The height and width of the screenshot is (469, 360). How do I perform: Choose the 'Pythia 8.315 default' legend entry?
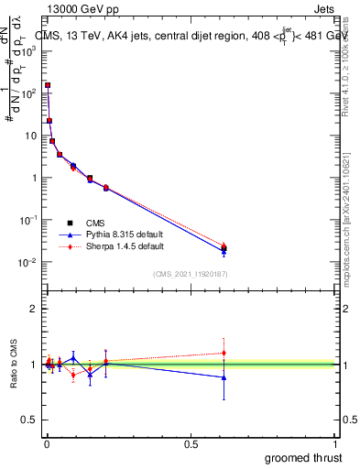tap(115, 234)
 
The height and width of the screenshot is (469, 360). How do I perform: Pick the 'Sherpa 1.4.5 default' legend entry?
tap(115, 246)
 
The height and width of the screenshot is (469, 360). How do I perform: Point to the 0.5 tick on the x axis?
tap(191, 443)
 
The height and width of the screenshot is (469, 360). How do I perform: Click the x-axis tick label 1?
tap(335, 443)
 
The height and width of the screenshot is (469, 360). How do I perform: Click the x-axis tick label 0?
tap(47, 443)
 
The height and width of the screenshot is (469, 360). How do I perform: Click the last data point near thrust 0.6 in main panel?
tap(224, 247)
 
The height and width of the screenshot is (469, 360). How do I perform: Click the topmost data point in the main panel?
tap(48, 85)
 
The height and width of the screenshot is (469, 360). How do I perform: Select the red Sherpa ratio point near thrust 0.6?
tap(224, 353)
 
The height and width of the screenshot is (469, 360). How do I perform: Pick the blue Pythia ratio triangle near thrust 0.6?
tap(224, 377)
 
